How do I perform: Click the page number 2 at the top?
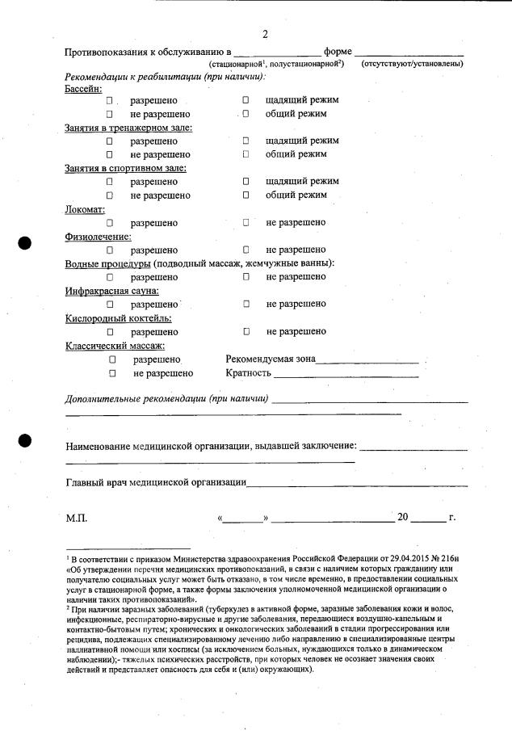point(264,34)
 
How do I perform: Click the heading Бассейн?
point(83,87)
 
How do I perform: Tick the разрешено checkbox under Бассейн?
point(109,101)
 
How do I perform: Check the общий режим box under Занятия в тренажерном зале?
point(246,154)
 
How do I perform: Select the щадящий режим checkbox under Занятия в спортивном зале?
point(246,182)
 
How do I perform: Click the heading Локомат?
point(85,209)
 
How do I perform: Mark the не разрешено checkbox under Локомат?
point(246,222)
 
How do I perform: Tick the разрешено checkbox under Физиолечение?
point(109,250)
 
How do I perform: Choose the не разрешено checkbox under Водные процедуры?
point(246,277)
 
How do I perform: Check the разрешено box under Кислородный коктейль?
point(109,332)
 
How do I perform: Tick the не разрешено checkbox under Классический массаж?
point(113,373)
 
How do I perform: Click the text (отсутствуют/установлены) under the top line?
point(412,63)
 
